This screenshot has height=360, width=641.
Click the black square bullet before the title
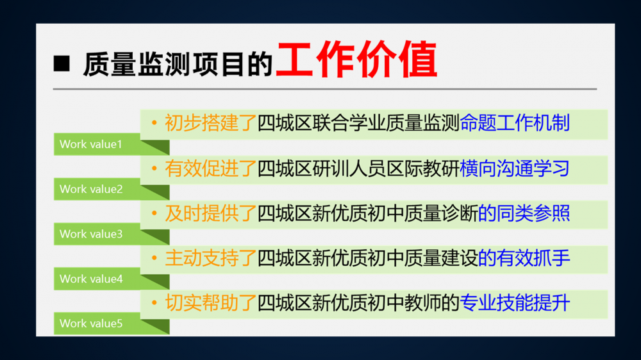coord(62,64)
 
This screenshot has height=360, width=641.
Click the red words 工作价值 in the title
coord(357,60)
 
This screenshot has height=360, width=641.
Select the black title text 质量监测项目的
coord(178,64)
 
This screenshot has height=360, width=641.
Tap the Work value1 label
coord(91,144)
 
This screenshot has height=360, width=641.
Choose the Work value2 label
coord(91,189)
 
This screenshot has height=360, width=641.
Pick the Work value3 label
coord(91,234)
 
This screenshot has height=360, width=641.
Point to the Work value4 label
coord(91,279)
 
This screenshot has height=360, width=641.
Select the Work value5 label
coord(91,323)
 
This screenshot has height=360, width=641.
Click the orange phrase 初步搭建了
coord(210,123)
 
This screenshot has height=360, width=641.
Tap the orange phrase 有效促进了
coord(210,168)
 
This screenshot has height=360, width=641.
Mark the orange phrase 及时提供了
coord(210,213)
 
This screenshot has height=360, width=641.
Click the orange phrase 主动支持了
coord(210,258)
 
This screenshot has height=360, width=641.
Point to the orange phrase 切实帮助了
coord(210,303)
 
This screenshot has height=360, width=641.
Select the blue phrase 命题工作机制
coord(515,123)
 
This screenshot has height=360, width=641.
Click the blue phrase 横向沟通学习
coord(515,168)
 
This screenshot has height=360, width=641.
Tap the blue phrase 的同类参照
coord(524,213)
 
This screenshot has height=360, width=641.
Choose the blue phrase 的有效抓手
coord(524,258)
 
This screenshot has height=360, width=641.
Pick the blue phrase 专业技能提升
coord(515,303)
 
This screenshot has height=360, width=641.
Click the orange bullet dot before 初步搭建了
coord(154,123)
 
